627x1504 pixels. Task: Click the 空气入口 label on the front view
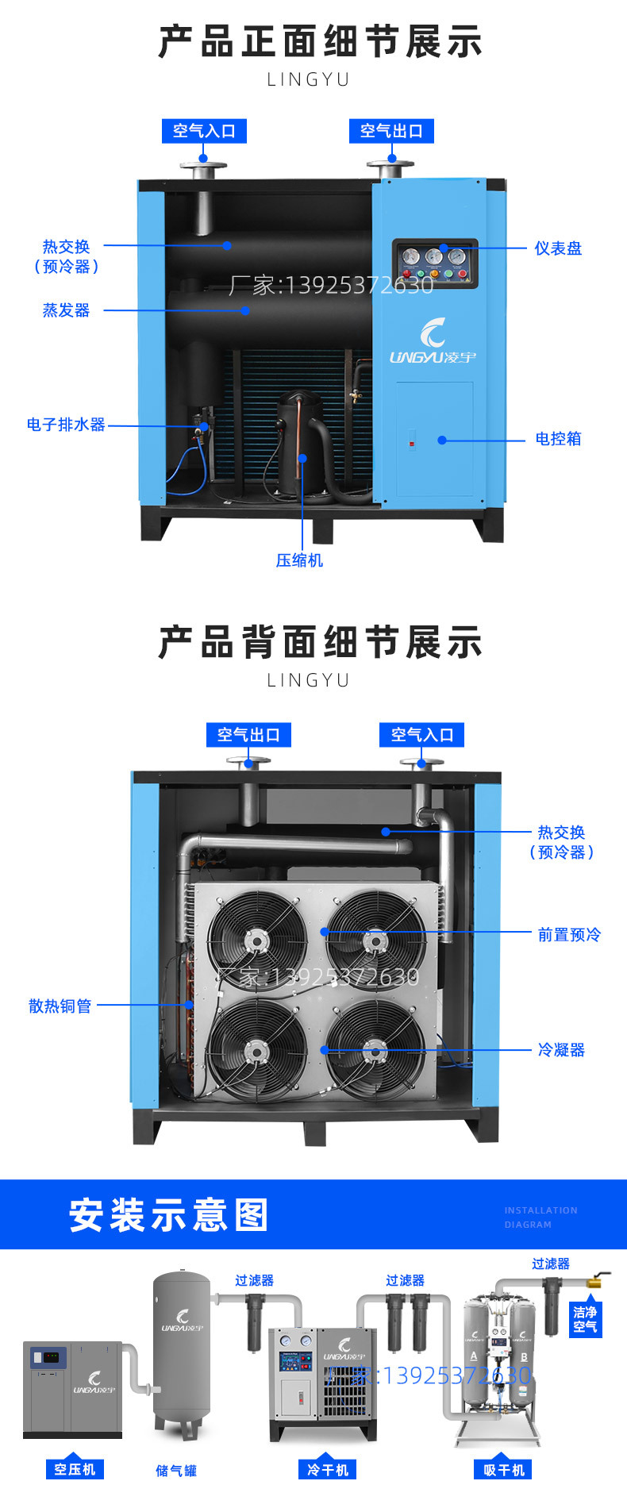pos(204,131)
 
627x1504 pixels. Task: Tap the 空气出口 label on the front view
pos(391,131)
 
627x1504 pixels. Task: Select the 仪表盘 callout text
pos(558,248)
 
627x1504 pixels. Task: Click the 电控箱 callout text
pos(558,439)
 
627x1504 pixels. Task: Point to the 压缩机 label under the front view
pos(299,560)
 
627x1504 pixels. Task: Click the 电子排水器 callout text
pos(66,425)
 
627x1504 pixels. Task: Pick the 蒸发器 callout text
pos(66,310)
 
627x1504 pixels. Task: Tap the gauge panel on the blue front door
pos(435,263)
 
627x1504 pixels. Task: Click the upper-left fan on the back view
pos(256,940)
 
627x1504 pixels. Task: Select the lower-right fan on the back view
pos(375,1050)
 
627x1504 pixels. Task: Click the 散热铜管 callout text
pos(60,1006)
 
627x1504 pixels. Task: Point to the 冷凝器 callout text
pos(561,1050)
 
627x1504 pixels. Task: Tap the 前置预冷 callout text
pos(569,935)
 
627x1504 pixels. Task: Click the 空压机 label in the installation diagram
pos(75,1470)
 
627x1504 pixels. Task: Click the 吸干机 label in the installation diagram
pos(504,1470)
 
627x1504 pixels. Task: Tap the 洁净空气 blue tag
pos(585,1319)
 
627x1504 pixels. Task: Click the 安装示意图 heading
pos(169,1215)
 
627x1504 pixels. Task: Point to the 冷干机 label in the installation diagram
pos(328,1470)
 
